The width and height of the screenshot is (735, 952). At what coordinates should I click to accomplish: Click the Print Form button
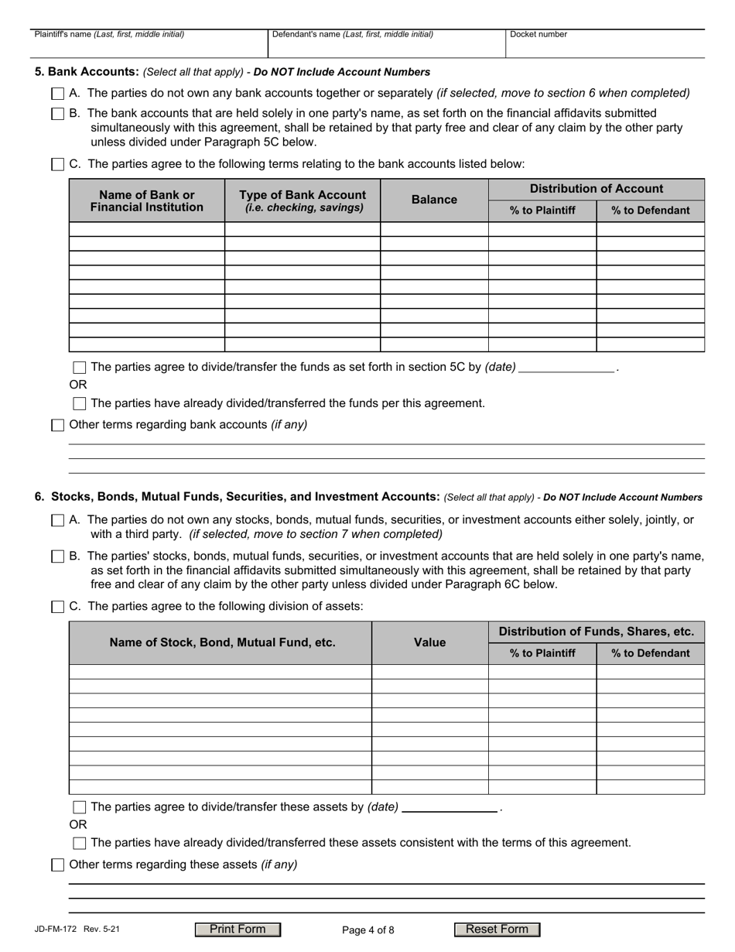tap(238, 930)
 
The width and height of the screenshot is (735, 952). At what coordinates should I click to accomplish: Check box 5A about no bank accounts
tap(58, 94)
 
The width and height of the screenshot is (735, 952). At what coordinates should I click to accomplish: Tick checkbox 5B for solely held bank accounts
tap(58, 114)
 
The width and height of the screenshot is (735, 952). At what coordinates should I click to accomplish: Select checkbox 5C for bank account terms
tap(58, 164)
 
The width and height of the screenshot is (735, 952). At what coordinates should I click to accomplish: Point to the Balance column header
tap(434, 200)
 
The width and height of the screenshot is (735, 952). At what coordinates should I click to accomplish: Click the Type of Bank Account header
tap(303, 200)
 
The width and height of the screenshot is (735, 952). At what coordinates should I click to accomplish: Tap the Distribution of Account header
tap(596, 189)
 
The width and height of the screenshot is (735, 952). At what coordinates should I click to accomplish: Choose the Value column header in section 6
tap(429, 642)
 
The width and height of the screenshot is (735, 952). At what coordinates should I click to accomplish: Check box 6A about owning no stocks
tap(58, 521)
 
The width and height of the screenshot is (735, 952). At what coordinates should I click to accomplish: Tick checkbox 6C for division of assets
tap(58, 607)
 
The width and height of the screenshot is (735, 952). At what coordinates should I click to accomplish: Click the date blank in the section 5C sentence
tap(566, 368)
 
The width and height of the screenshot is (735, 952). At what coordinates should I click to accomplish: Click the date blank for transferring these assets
tap(450, 807)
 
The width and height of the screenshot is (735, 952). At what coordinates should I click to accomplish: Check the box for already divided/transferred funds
tap(80, 403)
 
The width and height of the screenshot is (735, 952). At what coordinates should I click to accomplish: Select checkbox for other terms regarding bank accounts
tap(58, 425)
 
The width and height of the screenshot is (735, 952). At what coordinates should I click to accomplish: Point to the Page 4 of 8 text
tap(367, 930)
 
